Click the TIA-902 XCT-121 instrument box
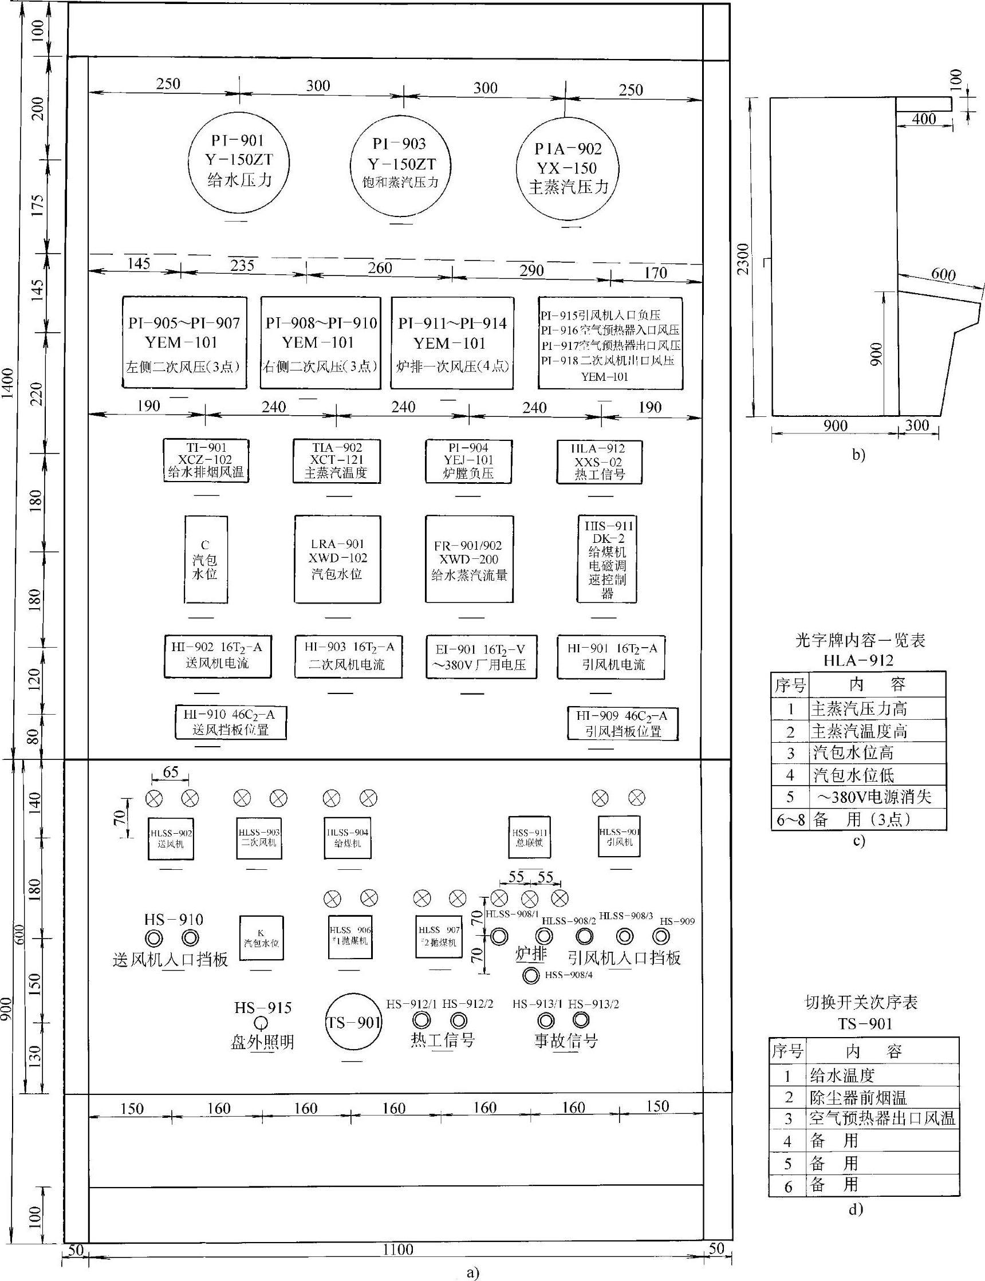point(337,461)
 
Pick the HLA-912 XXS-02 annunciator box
point(599,462)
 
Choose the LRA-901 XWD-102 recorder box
point(337,559)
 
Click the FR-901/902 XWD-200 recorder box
point(469,559)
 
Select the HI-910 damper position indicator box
point(230,722)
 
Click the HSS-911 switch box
point(529,837)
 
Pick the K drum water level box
point(262,938)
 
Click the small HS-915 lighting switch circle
point(262,1022)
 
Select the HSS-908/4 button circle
point(531,976)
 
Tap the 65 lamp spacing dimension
point(171,772)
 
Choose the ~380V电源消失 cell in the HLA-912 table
point(877,797)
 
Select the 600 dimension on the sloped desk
point(942,274)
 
